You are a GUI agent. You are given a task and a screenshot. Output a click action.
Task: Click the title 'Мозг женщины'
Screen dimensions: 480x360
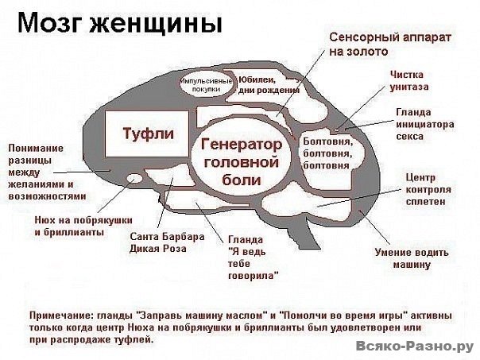120,23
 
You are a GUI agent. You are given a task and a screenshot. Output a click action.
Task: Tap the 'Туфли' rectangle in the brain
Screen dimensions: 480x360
147,134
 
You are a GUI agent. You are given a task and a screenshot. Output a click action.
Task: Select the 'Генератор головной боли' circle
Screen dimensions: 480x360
242,161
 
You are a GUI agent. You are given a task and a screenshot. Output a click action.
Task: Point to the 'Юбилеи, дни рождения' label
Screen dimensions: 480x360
269,85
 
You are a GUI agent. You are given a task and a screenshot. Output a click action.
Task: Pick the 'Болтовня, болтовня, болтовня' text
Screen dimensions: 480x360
328,153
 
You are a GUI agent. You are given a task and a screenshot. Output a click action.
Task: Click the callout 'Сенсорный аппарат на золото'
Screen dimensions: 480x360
390,44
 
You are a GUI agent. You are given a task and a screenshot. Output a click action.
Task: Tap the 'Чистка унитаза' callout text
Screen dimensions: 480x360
409,80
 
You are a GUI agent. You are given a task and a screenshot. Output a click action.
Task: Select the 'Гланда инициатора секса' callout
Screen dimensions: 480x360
425,124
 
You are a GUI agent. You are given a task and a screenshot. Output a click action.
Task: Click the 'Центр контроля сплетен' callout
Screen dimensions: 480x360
428,189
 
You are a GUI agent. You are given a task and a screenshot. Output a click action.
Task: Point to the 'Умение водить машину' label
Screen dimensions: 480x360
412,258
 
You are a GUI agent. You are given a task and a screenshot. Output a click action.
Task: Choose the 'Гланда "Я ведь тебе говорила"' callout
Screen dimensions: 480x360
254,257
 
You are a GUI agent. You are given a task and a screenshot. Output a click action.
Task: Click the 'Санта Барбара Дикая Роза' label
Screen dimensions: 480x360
167,242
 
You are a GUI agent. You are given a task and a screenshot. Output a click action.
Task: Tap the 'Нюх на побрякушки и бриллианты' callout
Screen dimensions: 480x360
83,226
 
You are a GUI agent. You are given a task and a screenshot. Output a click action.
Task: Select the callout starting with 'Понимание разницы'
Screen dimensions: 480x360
47,172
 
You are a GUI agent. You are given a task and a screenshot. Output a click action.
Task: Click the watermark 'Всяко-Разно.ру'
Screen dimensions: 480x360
415,346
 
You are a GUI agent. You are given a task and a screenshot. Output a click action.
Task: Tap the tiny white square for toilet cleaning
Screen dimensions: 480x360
337,130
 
